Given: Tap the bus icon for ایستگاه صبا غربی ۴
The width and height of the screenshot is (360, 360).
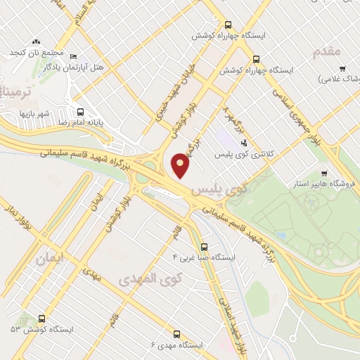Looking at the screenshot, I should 204,247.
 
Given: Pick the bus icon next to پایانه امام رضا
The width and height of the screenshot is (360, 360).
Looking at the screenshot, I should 81,111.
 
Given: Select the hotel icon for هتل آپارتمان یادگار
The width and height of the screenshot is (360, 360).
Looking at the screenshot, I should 75,56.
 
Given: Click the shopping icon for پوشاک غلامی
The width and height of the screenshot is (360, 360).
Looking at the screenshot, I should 342,68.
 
